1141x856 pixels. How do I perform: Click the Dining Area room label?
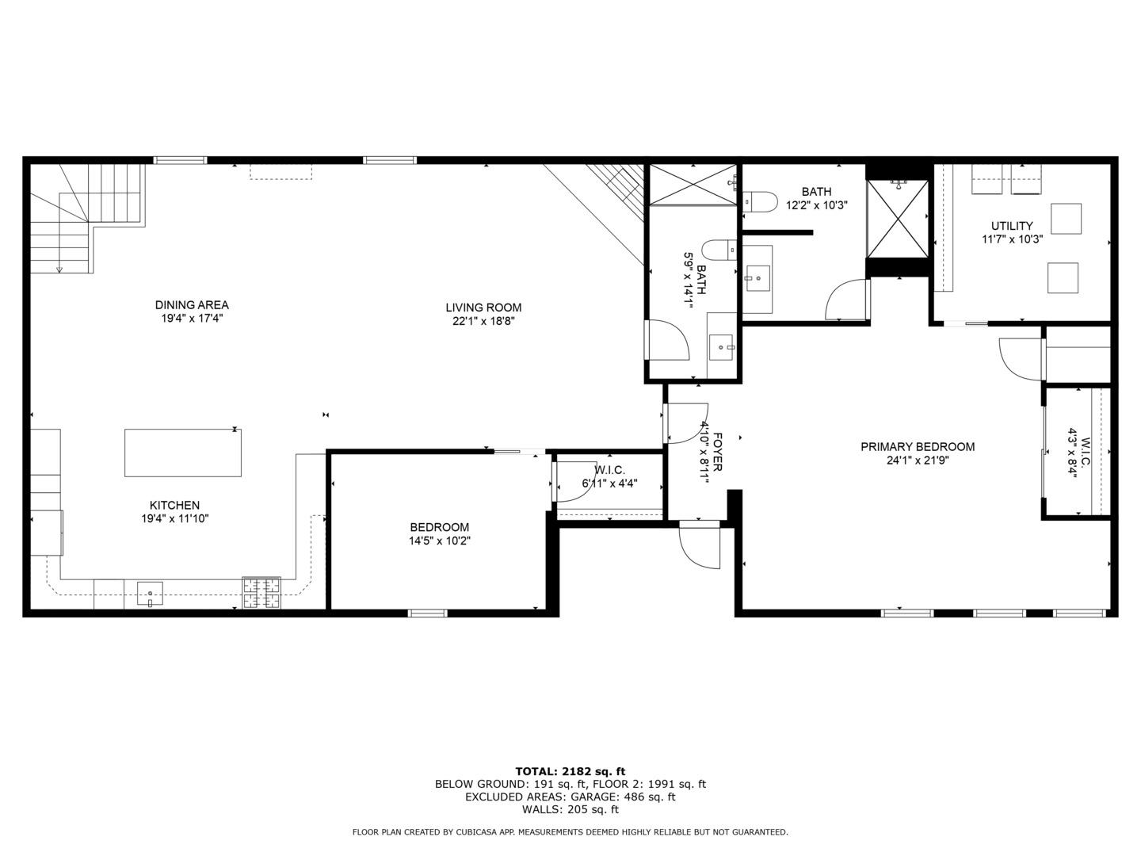click(x=192, y=304)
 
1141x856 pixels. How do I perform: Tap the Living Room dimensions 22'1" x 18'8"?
click(x=483, y=321)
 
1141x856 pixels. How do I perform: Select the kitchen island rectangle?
click(x=183, y=453)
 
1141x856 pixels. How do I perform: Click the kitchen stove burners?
click(x=261, y=593)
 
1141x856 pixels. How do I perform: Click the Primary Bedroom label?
click(x=918, y=447)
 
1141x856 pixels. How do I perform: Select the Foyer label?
click(x=717, y=452)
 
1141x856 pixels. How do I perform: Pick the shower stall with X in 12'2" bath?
click(x=898, y=219)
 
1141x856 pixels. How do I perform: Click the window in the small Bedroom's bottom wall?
click(x=428, y=613)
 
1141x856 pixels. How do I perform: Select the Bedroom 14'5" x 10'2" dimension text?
click(x=439, y=541)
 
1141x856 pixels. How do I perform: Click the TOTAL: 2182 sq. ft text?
click(x=570, y=771)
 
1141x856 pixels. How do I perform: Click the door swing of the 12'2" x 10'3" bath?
click(x=846, y=301)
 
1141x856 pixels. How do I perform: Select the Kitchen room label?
click(x=174, y=505)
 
